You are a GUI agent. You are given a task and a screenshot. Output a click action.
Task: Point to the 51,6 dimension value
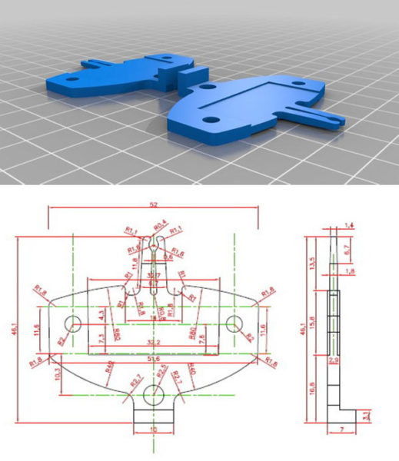click(154, 358)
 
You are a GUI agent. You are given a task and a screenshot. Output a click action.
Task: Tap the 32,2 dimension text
click(153, 341)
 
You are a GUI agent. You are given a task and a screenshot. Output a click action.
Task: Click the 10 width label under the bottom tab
click(154, 430)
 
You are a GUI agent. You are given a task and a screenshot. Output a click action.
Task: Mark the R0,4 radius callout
click(160, 225)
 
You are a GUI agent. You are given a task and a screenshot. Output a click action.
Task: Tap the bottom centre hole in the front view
click(154, 395)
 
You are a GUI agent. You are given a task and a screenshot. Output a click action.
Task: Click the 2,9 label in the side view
click(333, 360)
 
